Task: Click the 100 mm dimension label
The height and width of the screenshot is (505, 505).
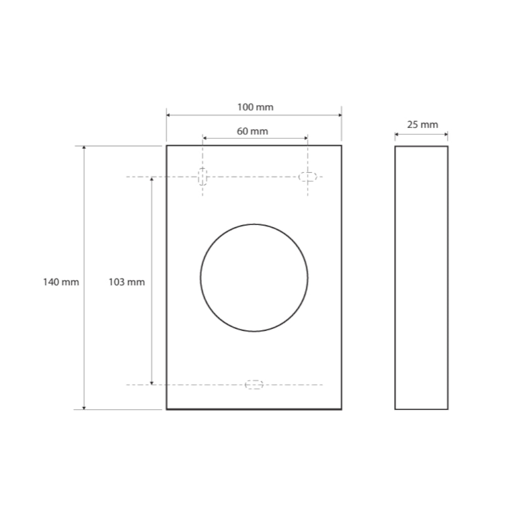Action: [x=256, y=107]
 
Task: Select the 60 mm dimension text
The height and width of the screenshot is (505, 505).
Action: [x=252, y=131]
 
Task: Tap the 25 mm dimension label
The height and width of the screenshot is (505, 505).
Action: [x=423, y=125]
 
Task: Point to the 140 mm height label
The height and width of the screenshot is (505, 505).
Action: [x=61, y=282]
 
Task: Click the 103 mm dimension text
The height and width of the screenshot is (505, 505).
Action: [x=127, y=282]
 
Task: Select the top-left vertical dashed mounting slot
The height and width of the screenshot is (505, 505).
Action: [x=203, y=177]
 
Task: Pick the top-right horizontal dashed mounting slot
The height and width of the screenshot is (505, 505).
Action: [x=308, y=177]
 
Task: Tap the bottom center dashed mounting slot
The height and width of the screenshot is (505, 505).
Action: [x=254, y=384]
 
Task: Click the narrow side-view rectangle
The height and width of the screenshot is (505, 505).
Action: [x=395, y=278]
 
